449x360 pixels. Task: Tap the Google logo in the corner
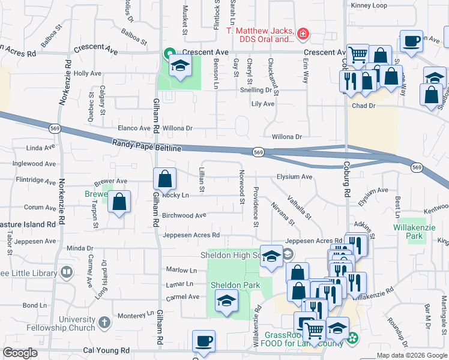20,353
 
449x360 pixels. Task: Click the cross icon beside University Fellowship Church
104,322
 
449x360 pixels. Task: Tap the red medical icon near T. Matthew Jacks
303,34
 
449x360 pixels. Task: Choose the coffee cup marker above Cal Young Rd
203,341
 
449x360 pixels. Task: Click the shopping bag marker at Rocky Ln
164,179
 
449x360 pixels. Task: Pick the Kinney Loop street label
370,5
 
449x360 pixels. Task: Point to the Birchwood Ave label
184,215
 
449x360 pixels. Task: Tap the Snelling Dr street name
255,90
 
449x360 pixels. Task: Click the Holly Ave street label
88,73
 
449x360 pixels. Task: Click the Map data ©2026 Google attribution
412,355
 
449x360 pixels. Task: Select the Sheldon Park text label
235,285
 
